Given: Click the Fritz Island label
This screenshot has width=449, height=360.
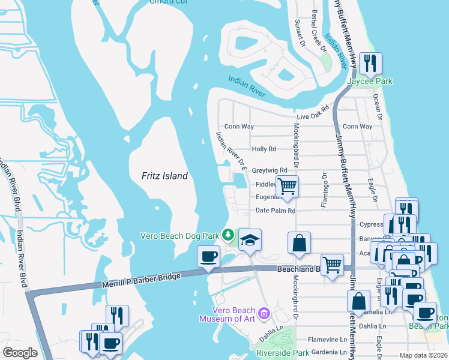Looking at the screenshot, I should (x=164, y=176).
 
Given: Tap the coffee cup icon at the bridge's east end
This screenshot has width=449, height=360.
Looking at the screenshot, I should (x=209, y=257).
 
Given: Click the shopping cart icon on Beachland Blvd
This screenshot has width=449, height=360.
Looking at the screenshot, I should (x=332, y=265).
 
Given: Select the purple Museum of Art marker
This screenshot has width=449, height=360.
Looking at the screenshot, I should (x=263, y=313).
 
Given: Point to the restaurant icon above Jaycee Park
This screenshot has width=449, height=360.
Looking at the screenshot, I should (x=370, y=63).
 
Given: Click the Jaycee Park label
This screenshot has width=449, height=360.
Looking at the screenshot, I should (x=371, y=80).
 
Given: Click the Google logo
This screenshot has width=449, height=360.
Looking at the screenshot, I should (x=20, y=353).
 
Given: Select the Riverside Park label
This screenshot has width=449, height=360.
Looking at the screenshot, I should (x=283, y=353).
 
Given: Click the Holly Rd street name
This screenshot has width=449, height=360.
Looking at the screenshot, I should (x=264, y=149).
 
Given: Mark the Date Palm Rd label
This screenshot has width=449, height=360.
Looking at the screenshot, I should (x=276, y=211).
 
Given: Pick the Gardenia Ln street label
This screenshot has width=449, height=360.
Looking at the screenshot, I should (x=327, y=352).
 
